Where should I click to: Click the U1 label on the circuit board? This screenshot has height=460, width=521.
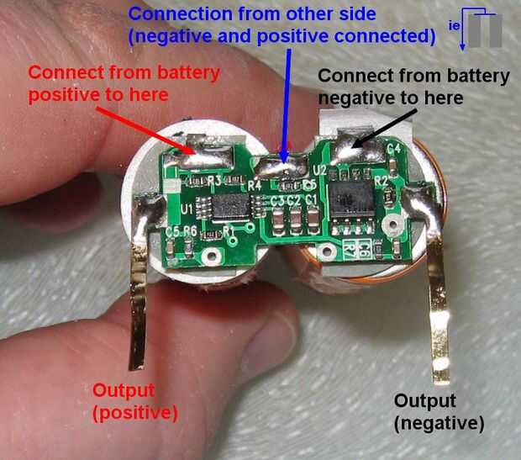(187, 209)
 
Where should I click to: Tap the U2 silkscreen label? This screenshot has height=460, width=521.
(319, 171)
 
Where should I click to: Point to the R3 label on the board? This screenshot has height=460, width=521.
(214, 181)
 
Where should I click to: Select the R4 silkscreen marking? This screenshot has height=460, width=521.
(255, 185)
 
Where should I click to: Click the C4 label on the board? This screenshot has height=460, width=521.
(394, 148)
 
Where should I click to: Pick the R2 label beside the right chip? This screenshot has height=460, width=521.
(382, 181)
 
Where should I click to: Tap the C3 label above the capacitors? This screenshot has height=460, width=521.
(277, 201)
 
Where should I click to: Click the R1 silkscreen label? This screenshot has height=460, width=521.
(229, 230)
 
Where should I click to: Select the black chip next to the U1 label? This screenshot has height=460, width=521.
(230, 207)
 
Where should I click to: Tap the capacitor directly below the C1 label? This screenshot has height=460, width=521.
(313, 220)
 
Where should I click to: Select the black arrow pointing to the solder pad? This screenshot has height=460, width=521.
(384, 129)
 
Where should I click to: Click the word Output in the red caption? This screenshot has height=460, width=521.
(124, 390)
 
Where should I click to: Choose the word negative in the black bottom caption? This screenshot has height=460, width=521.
(439, 423)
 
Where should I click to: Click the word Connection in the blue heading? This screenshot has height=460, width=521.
(181, 14)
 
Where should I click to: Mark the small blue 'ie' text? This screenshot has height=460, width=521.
(454, 25)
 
